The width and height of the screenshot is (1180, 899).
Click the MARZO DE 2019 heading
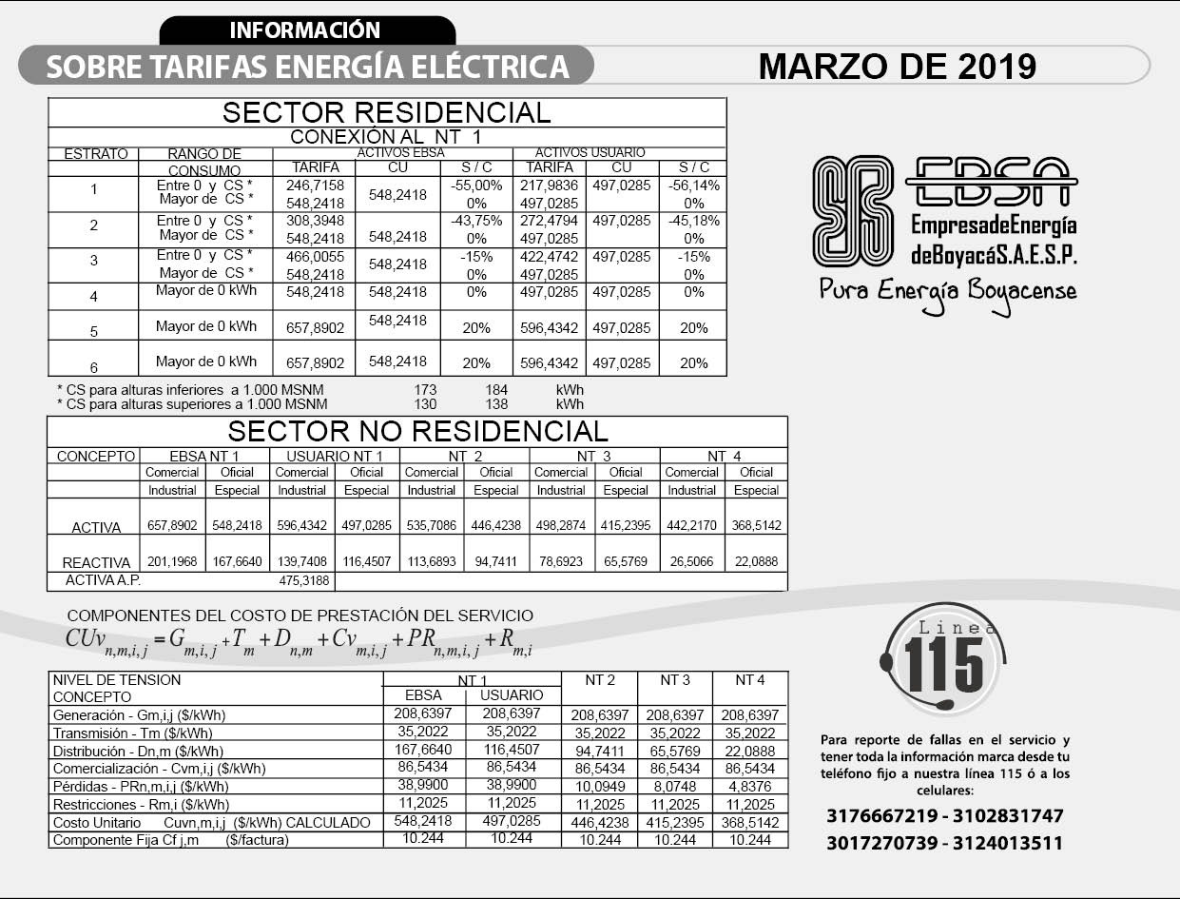897,67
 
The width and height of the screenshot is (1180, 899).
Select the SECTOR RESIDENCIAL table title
386,112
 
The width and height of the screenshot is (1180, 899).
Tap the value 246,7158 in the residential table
315,186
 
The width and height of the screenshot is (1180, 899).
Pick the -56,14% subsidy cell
694,186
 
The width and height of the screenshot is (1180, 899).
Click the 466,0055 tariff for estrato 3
315,256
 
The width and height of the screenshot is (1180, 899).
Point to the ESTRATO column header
95,153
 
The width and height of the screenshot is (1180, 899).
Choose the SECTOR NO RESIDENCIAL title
417,431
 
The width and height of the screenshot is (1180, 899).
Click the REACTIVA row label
95,562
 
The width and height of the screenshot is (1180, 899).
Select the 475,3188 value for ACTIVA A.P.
302,580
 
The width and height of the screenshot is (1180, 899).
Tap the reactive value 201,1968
172,562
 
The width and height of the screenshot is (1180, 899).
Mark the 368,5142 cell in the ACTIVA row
756,525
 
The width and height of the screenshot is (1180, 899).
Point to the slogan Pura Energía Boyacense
948,289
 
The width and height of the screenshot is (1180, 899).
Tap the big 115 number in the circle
943,664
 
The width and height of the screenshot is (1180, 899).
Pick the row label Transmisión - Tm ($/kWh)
132,733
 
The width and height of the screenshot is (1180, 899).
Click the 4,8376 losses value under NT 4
750,787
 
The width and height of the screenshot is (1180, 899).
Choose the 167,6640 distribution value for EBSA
423,750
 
